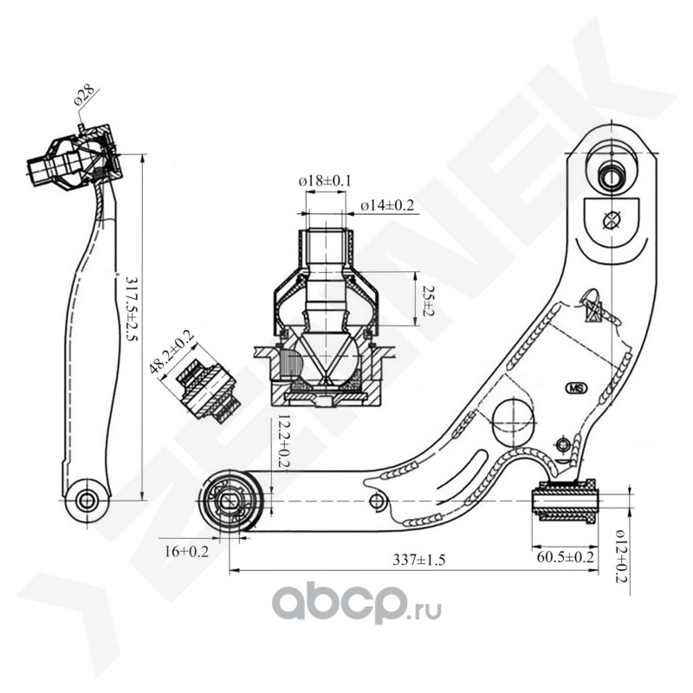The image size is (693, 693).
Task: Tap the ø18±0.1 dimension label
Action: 325,180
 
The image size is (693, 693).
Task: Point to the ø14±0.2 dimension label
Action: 388,205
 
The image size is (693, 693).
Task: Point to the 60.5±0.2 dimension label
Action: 565,557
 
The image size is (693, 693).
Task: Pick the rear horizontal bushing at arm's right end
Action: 565,501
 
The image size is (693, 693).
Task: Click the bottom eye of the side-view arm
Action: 87,500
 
